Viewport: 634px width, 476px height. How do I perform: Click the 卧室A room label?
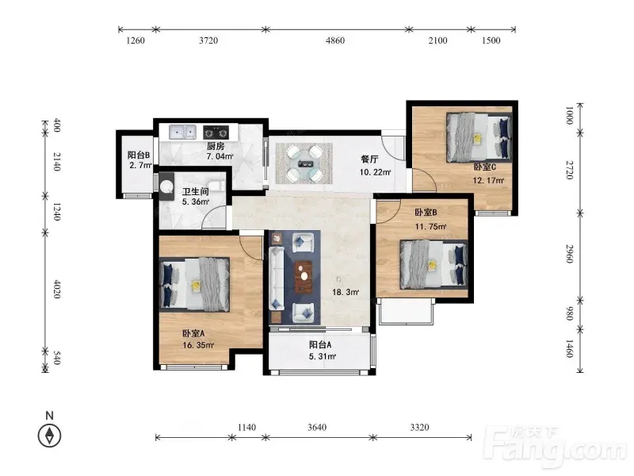tap(193, 333)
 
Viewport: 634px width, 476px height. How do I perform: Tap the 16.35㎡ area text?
tap(198, 345)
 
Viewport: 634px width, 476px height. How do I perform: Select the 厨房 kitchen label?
tap(216, 146)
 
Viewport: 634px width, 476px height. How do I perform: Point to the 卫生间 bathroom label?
tap(195, 191)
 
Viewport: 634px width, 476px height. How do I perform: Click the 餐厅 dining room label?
tap(369, 159)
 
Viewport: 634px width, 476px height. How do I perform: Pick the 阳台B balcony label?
tap(139, 155)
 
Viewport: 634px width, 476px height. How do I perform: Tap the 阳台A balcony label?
tap(320, 345)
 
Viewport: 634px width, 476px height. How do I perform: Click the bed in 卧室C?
tap(479, 137)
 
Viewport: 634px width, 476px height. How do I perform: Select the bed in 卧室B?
tap(433, 265)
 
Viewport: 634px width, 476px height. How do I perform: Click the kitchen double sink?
tap(183, 132)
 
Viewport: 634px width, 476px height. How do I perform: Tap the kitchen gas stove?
tap(216, 132)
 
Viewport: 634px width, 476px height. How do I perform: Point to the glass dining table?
tap(304, 163)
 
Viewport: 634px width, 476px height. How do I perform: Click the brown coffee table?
tap(304, 277)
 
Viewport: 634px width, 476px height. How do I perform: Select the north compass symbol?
tap(49, 436)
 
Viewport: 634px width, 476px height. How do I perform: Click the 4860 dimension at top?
tap(335, 40)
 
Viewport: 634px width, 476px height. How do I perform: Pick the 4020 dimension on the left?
tap(57, 289)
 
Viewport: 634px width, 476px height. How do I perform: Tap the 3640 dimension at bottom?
tap(317, 428)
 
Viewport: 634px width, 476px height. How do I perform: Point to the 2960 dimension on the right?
tap(570, 254)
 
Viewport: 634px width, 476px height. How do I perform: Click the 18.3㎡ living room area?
tap(346, 292)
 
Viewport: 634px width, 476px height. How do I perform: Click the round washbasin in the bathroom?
tap(166, 186)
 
